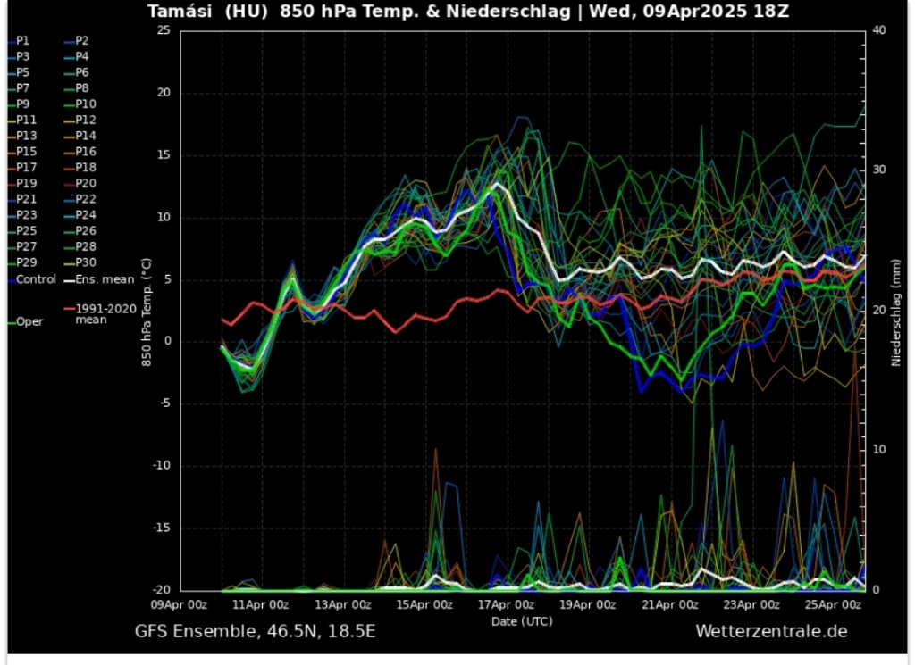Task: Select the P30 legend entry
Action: tap(86, 262)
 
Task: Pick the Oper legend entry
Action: tap(29, 322)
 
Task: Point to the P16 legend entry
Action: tap(86, 152)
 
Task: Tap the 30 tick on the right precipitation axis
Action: tap(878, 170)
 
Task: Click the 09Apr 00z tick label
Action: tap(180, 604)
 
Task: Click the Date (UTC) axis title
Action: tap(521, 620)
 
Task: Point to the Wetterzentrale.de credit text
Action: tap(771, 632)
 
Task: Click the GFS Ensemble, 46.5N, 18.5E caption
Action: tap(255, 632)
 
